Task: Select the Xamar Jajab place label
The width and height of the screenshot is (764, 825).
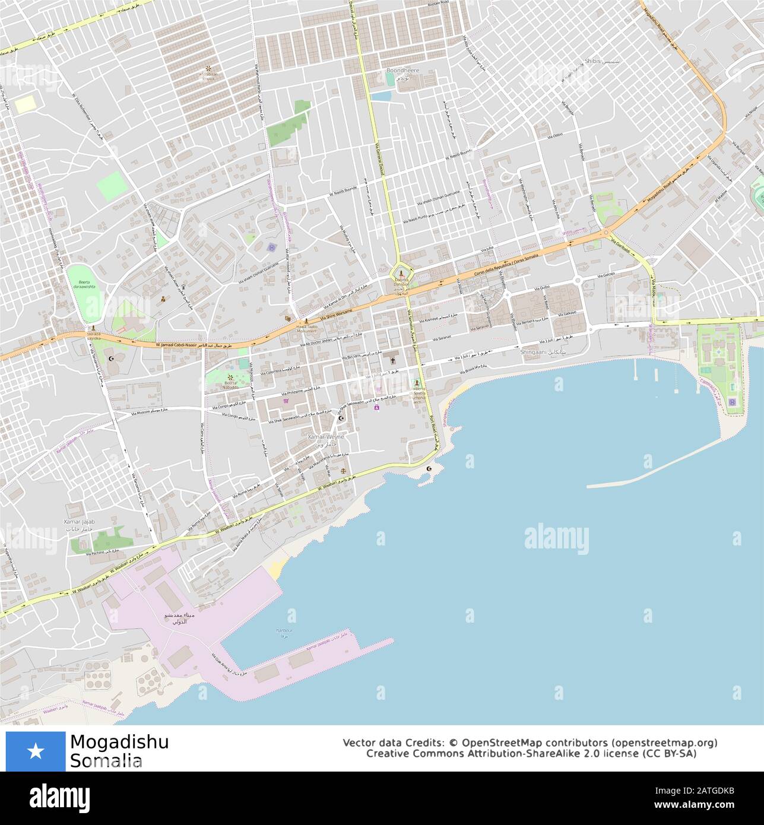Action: point(79,521)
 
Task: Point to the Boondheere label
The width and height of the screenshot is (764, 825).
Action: point(402,70)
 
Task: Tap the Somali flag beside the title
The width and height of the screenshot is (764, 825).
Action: point(36,751)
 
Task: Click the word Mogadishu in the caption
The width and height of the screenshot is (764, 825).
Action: point(119,742)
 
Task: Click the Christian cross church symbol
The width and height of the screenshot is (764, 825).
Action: point(392,360)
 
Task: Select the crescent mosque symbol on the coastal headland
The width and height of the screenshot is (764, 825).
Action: point(430,469)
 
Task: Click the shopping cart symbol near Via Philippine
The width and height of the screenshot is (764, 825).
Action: point(287,401)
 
